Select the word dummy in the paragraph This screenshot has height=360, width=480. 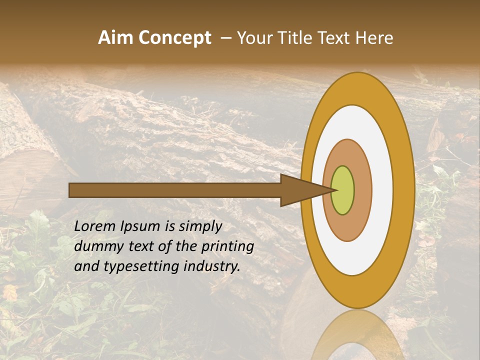tap(95, 246)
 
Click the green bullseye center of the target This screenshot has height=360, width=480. tap(342, 190)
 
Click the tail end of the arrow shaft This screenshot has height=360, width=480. tap(70, 190)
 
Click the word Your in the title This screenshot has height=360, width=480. tap(255, 38)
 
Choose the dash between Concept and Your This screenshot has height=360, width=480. tap(225, 38)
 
